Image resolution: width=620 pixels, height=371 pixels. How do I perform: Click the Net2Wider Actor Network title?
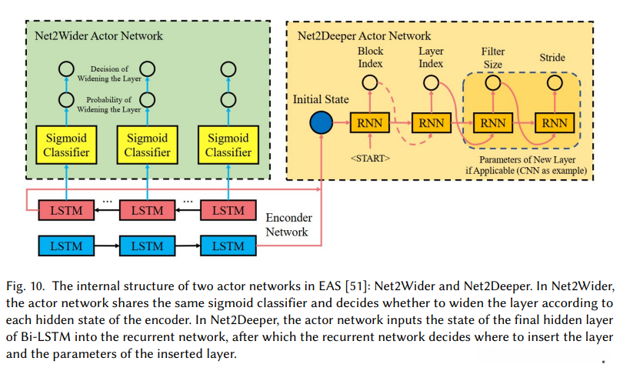click(99, 36)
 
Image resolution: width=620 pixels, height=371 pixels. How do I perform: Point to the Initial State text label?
click(321, 100)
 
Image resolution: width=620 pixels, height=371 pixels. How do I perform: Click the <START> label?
click(370, 158)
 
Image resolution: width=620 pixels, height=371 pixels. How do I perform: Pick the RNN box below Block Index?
click(369, 123)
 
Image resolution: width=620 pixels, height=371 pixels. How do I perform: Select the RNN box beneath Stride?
click(553, 123)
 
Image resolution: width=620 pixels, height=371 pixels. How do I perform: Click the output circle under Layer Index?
click(431, 82)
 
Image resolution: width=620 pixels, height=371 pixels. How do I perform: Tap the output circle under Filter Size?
click(492, 82)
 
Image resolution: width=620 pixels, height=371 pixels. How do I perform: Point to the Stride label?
click(552, 57)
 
